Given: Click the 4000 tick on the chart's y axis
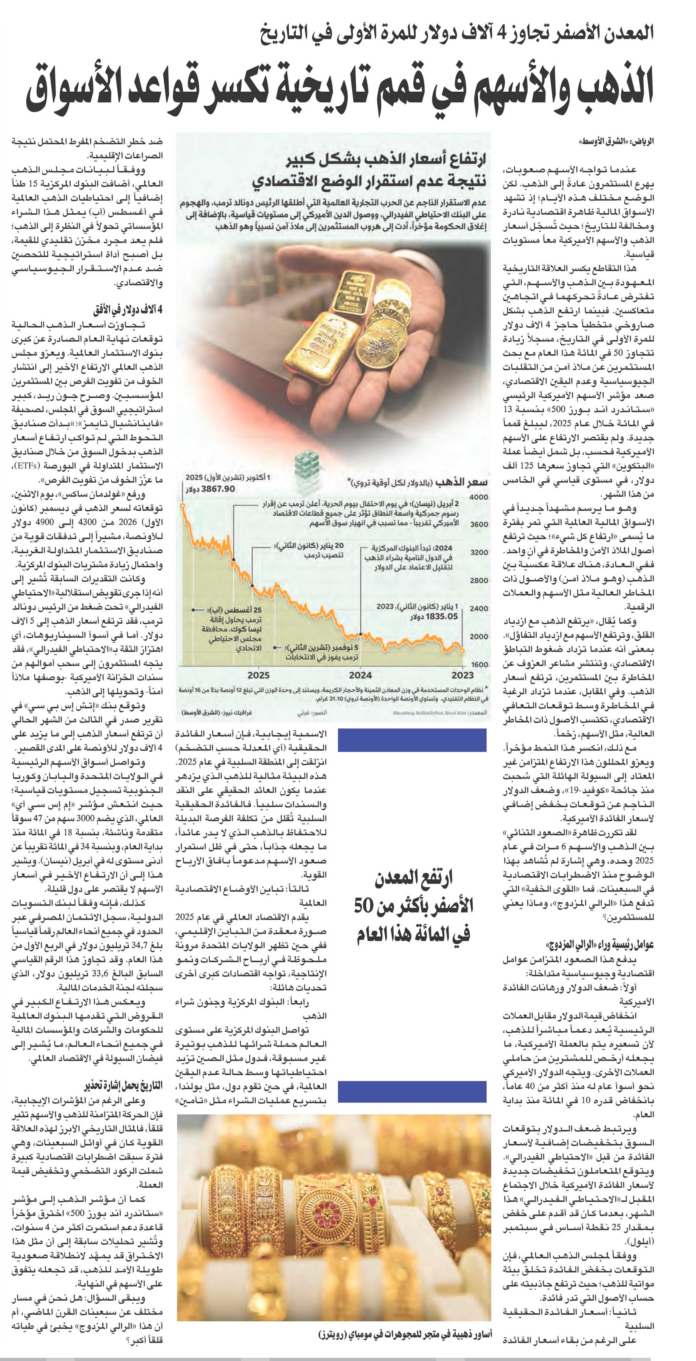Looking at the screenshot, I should (479, 497).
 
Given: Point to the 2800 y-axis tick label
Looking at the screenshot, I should (479, 580).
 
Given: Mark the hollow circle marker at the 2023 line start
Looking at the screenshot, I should (463, 651).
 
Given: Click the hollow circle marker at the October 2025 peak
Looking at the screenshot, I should (182, 506).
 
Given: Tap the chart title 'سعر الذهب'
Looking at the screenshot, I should (467, 482).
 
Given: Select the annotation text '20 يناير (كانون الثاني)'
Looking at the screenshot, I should (309, 545).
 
